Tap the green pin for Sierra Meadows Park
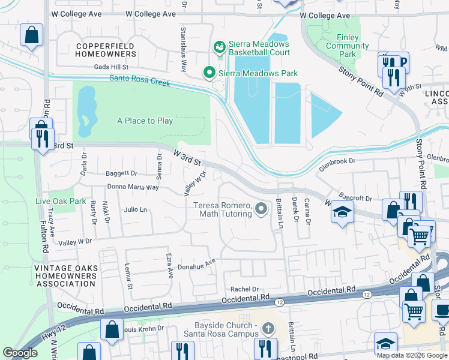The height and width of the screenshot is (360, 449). (209, 73)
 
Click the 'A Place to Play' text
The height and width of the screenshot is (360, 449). (145, 121)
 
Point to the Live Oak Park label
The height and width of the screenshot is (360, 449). (61, 201)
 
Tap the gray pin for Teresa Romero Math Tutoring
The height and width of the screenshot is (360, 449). (261, 209)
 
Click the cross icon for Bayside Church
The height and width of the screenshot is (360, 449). (268, 328)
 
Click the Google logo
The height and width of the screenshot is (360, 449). (20, 353)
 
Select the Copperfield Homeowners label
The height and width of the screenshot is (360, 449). (106, 50)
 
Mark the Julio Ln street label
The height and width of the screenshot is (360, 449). (136, 210)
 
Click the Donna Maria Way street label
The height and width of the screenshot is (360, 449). (133, 187)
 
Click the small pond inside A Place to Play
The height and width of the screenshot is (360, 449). (86, 111)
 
